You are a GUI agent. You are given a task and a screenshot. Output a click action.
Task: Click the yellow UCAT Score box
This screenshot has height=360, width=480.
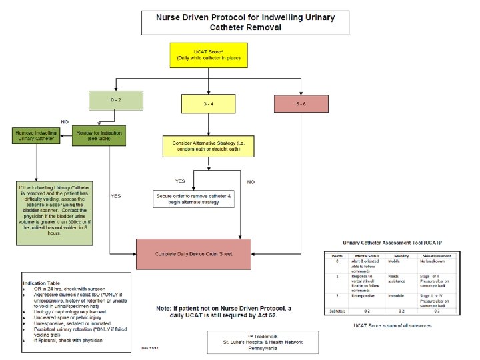[209, 56]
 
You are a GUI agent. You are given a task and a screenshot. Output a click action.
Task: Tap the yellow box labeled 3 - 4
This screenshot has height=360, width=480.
[209, 103]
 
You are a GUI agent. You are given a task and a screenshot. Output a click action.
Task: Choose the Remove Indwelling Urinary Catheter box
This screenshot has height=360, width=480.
[36, 136]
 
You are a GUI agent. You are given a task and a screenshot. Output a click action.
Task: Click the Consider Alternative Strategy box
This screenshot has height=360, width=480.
[208, 147]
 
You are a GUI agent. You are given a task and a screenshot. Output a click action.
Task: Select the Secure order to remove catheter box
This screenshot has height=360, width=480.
[193, 199]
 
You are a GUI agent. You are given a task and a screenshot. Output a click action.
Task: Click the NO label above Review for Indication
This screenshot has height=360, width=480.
[65, 122]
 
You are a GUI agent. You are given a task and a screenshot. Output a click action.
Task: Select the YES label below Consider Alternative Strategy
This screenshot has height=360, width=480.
[180, 181]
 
